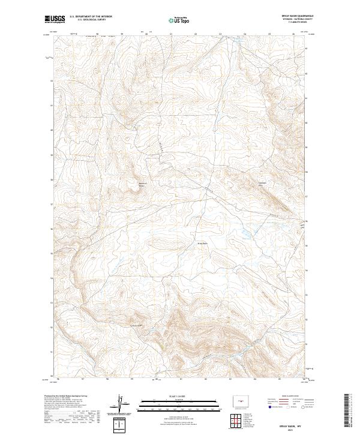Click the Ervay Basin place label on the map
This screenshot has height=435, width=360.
click(x=202, y=243)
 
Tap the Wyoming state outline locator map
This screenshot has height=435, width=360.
click(x=245, y=398)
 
